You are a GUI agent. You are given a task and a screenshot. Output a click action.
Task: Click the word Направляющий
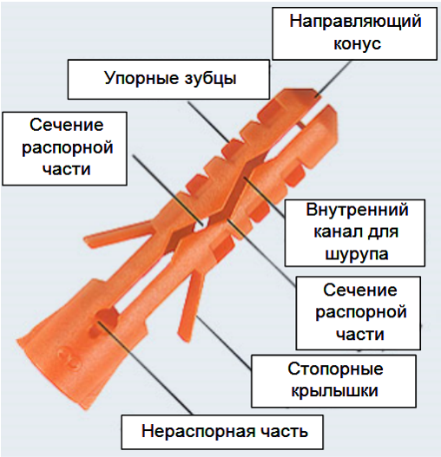point(355,23)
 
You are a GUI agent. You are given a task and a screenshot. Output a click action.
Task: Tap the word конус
point(358,43)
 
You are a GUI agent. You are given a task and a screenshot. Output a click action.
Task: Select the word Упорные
point(141,79)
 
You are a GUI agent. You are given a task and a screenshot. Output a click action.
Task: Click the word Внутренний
point(357,210)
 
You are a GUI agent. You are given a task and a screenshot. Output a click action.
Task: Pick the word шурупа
point(357,254)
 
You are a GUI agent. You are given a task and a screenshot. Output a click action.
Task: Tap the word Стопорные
point(335,369)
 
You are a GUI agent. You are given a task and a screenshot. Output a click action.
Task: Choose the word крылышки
point(335,391)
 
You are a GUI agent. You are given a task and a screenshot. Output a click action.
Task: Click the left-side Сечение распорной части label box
point(65,148)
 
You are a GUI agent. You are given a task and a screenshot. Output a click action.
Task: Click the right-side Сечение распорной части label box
point(359,313)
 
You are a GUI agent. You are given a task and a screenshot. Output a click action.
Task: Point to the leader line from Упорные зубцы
point(208,121)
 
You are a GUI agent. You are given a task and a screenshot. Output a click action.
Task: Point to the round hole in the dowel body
point(104,320)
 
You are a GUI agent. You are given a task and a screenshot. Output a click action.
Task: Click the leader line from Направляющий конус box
point(333,78)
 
